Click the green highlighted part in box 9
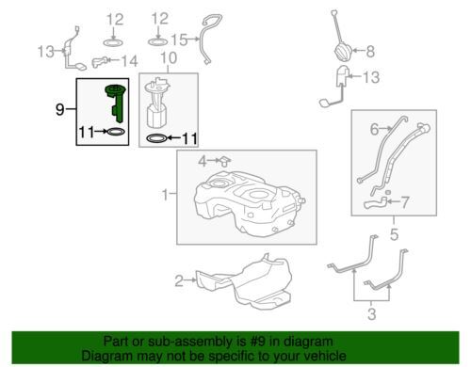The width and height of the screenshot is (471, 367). pos(117,101)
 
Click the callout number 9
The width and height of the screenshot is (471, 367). pos(59,109)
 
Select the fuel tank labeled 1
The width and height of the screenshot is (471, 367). pos(249,203)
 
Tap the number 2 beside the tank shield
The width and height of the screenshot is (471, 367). pos(179,280)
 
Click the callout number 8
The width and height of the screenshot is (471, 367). pos(370,51)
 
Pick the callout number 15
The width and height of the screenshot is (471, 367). pos(179,40)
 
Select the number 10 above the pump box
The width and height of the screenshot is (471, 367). pos(169,58)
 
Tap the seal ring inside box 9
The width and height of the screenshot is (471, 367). pos(116,132)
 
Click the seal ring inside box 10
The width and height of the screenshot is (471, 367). pos(156,137)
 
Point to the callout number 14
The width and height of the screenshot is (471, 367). pos(130,61)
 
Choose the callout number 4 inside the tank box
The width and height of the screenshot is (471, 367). pos(203,162)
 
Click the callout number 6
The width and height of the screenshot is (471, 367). pos(374,129)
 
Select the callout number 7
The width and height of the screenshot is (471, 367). pos(405,202)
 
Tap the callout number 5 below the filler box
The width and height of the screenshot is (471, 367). pos(394,234)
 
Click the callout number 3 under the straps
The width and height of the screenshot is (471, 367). pos(372,314)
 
